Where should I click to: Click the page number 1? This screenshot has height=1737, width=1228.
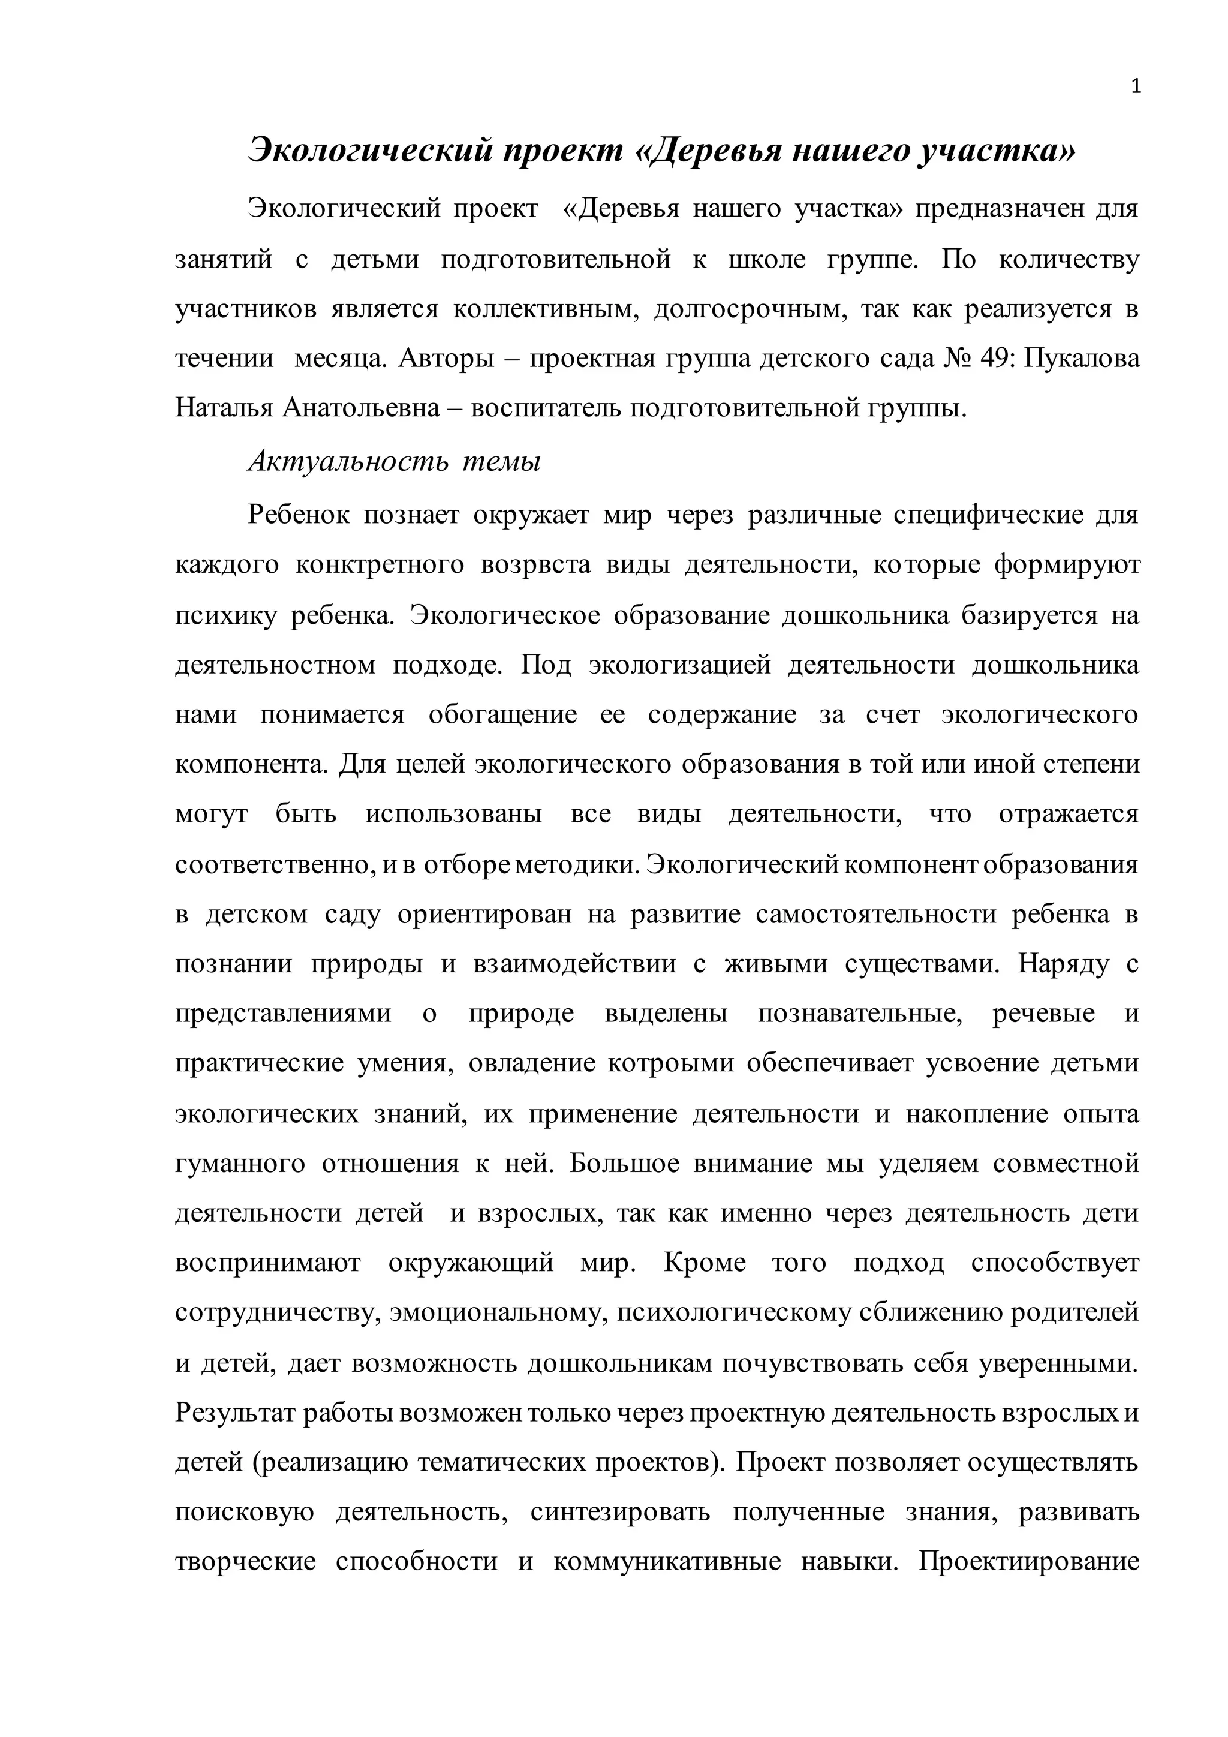tap(1135, 87)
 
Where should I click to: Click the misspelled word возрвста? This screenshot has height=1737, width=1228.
tap(536, 565)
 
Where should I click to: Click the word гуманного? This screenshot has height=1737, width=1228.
tap(240, 1164)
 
